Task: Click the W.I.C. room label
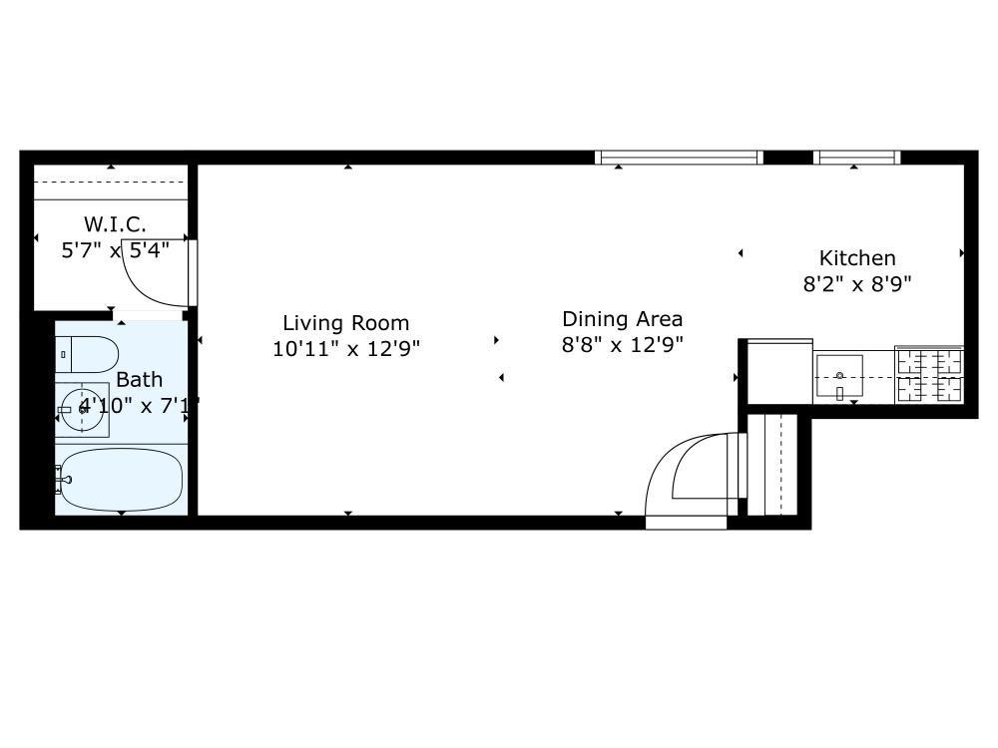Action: pyautogui.click(x=115, y=224)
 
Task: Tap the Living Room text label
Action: pyautogui.click(x=345, y=323)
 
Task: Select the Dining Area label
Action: pyautogui.click(x=623, y=319)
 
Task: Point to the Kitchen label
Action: pyautogui.click(x=857, y=258)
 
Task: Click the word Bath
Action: pyautogui.click(x=140, y=380)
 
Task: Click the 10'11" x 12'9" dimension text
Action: pyautogui.click(x=346, y=348)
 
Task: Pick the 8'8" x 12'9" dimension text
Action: pyautogui.click(x=623, y=345)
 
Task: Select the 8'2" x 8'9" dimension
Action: pyautogui.click(x=857, y=283)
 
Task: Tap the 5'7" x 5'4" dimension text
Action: pyautogui.click(x=115, y=250)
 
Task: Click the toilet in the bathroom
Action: pyautogui.click(x=87, y=354)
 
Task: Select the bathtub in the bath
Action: pyautogui.click(x=121, y=480)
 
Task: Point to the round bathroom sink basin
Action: pyautogui.click(x=83, y=410)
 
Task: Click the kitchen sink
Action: pyautogui.click(x=839, y=376)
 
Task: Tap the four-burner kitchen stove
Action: pyautogui.click(x=929, y=375)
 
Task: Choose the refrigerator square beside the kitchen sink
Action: pyautogui.click(x=779, y=371)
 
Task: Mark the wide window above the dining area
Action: pyautogui.click(x=679, y=158)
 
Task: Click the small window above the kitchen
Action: pyautogui.click(x=856, y=158)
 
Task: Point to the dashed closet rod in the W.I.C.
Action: pyautogui.click(x=111, y=182)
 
